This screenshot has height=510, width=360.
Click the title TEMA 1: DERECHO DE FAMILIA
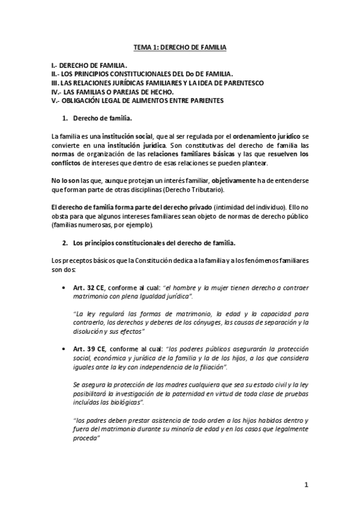(180, 46)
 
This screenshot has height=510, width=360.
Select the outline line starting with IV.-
(112, 91)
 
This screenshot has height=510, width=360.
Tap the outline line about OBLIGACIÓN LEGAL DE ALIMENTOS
(138, 100)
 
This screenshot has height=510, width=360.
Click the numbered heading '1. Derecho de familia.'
(97, 118)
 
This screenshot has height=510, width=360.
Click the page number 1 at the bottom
(306, 485)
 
